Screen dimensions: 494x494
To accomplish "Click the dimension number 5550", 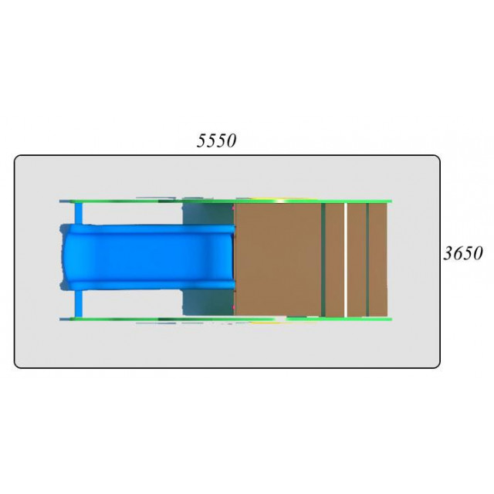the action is [216, 140].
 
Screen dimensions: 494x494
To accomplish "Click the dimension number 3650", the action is [463, 253].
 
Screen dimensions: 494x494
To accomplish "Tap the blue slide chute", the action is [148, 257].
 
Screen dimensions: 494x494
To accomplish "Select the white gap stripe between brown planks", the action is [346, 259].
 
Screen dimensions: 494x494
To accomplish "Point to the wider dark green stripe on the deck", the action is [323, 259].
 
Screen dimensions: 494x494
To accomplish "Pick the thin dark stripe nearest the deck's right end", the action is [367, 259].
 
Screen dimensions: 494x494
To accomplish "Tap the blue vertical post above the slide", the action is [79, 214].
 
